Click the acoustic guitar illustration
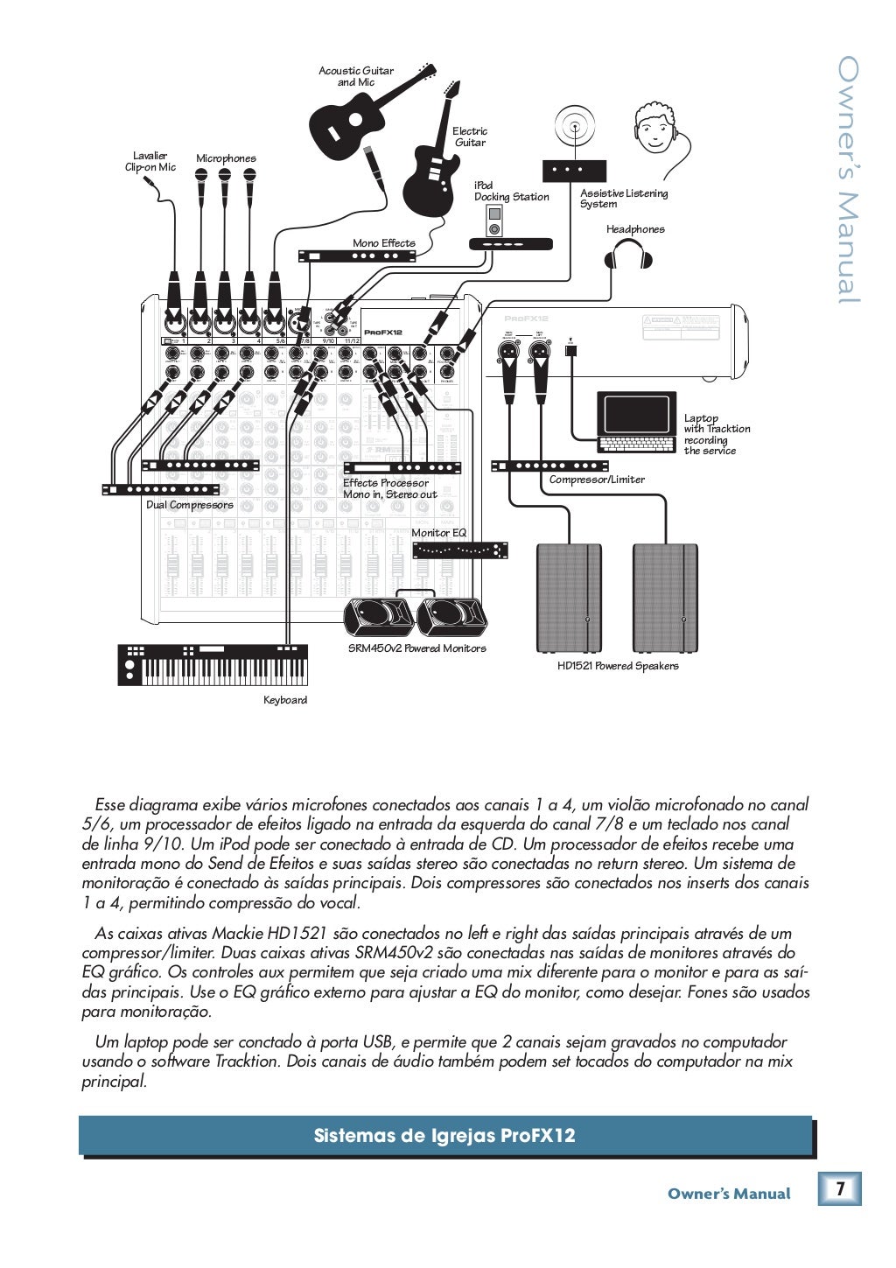[x=350, y=123]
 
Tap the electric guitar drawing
[x=431, y=175]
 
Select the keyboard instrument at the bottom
[x=213, y=665]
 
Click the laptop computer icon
[x=637, y=422]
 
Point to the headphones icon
[x=628, y=255]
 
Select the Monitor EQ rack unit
[x=460, y=550]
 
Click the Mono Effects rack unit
[x=357, y=256]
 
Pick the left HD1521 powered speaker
[x=569, y=599]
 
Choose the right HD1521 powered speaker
[x=665, y=599]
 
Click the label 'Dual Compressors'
[x=190, y=505]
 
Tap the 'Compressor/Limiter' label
[x=597, y=480]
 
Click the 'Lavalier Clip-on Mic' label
[x=150, y=162]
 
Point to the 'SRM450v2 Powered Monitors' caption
[x=416, y=648]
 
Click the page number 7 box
[x=840, y=1189]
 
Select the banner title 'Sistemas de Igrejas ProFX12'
[x=444, y=1136]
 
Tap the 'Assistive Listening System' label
[x=623, y=199]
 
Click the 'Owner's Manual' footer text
[x=728, y=1194]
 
